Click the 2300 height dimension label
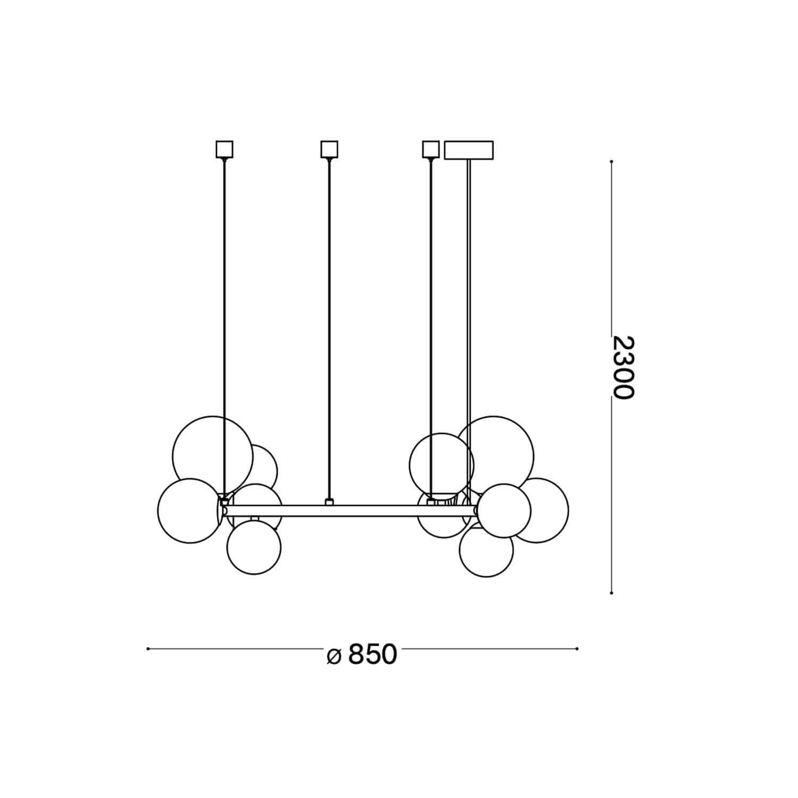coord(623,367)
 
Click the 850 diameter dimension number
coord(372,654)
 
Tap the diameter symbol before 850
coord(334,656)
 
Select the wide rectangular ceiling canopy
coord(469,150)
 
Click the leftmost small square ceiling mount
coord(225,149)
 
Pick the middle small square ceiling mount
coord(329,149)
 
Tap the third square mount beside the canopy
coord(430,149)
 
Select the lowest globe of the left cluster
coord(254,547)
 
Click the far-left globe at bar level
coord(190,511)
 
